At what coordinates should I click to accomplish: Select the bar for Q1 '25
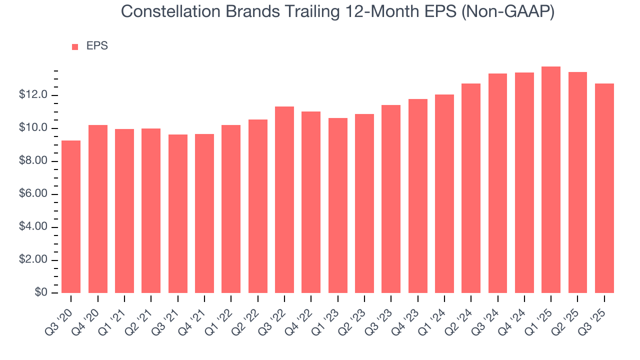(x=551, y=179)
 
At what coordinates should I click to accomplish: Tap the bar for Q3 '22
(x=284, y=199)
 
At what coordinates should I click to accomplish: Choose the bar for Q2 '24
(x=471, y=188)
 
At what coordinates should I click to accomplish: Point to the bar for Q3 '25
(x=604, y=188)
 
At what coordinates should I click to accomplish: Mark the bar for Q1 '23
(x=337, y=205)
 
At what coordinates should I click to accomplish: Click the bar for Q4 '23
(x=417, y=195)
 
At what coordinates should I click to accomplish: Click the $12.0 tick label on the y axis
(x=33, y=95)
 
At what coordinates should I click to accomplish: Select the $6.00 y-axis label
(x=33, y=194)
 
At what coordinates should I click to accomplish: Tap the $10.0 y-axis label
(x=33, y=128)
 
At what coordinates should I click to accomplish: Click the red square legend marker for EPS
(x=75, y=46)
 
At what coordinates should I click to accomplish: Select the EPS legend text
(x=97, y=46)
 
